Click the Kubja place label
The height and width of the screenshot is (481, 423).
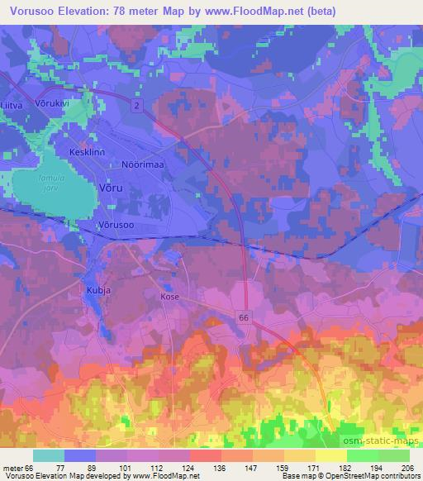click(97, 290)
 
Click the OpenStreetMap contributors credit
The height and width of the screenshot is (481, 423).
click(368, 476)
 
